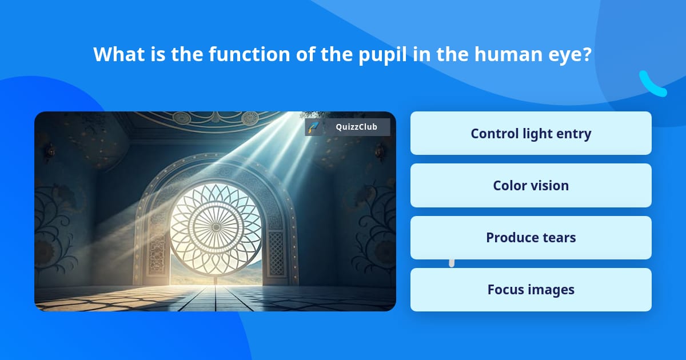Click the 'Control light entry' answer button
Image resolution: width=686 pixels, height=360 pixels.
tap(531, 133)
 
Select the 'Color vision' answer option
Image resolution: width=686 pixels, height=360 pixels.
tap(531, 185)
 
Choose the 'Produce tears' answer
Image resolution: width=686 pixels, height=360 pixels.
tap(531, 238)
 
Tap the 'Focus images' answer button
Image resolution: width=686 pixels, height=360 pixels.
tap(531, 290)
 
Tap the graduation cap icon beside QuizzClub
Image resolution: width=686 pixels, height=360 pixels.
tap(313, 127)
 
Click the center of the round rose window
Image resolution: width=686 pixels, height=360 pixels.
tap(216, 227)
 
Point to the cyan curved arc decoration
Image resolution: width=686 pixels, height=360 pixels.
tap(652, 85)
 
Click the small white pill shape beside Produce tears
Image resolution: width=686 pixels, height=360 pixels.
tap(452, 262)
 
